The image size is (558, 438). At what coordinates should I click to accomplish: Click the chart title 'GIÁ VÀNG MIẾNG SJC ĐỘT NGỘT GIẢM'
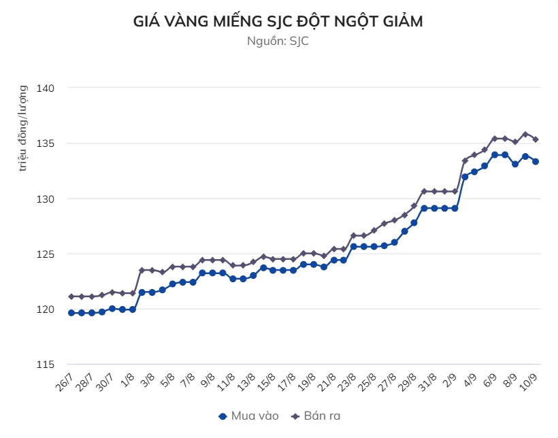278,22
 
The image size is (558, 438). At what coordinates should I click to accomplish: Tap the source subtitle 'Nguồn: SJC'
278,41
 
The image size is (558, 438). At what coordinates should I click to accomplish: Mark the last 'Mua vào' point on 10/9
536,162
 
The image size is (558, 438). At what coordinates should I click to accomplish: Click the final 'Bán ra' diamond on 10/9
536,139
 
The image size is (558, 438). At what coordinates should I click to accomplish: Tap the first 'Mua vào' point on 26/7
71,313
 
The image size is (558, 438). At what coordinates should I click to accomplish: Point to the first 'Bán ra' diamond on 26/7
71,297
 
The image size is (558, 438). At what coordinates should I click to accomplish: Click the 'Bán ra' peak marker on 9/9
525,134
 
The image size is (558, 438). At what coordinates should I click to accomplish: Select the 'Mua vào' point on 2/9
455,208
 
